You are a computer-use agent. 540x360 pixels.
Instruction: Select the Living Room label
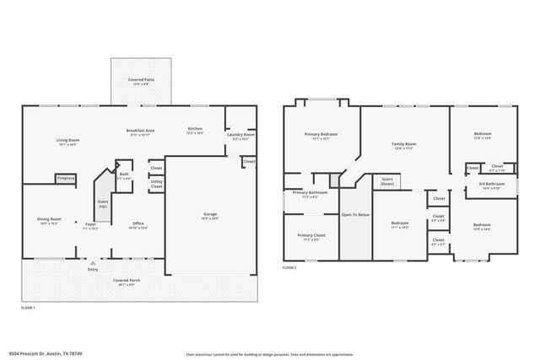pos(67,140)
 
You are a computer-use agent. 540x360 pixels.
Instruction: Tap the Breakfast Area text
pos(139,130)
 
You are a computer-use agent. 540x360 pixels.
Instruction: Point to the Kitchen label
pos(195,129)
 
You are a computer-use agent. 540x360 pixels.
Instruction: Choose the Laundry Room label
pos(240,134)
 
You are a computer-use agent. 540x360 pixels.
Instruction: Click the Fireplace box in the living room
pos(66,179)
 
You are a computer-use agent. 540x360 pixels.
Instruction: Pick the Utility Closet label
pos(157,184)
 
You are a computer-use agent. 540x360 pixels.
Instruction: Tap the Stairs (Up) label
pos(103,203)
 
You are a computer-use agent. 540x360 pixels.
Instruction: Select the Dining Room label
pos(49,219)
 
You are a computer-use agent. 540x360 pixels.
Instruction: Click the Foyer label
pos(89,224)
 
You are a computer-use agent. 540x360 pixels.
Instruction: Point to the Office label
pos(137,223)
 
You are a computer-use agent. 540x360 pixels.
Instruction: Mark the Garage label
pos(210,214)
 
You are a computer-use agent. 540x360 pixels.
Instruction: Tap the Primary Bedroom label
pos(321,134)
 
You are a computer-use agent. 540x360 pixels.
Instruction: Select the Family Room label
pos(404,144)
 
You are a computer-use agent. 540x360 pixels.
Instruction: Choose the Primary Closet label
pos(310,235)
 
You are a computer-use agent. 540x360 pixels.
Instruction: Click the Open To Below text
pos(355,214)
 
